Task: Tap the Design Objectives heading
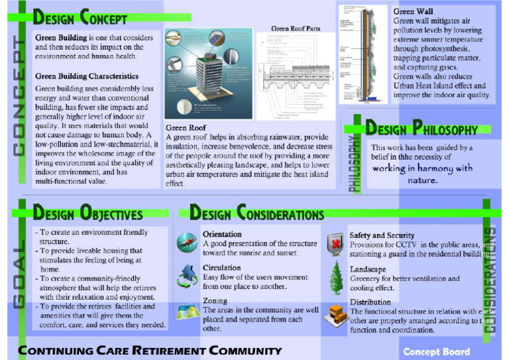(87, 213)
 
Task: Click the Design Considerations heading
(256, 213)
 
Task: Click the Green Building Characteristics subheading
(87, 76)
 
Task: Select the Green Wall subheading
(414, 11)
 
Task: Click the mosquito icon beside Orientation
(187, 243)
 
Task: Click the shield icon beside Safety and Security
(337, 243)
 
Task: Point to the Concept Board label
(436, 351)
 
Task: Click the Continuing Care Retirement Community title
(150, 351)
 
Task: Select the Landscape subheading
(368, 269)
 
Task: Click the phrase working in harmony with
(422, 168)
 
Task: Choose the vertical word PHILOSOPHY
(355, 162)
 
